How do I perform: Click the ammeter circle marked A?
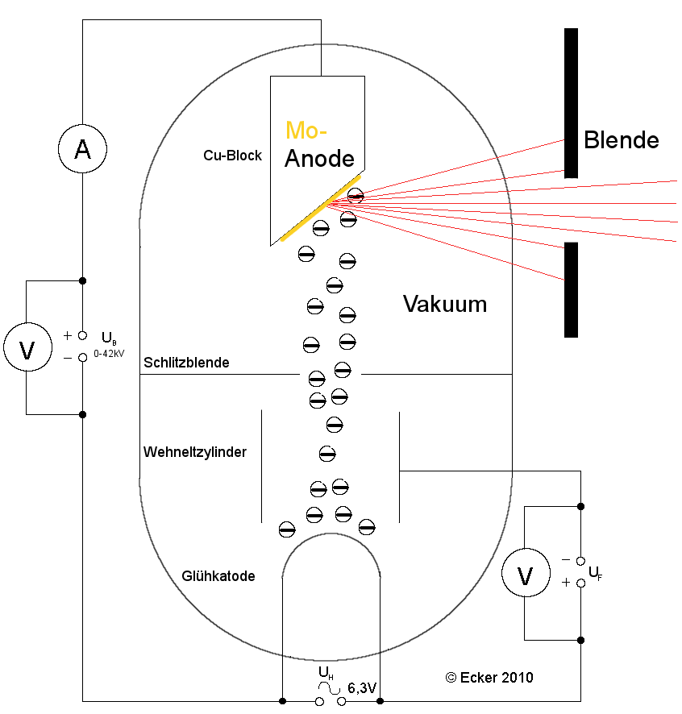pyautogui.click(x=82, y=148)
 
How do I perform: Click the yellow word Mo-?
pyautogui.click(x=306, y=131)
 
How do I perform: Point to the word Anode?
pyautogui.click(x=320, y=158)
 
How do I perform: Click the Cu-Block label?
pyautogui.click(x=232, y=156)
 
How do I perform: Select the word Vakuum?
pyautogui.click(x=445, y=305)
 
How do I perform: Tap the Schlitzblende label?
pyautogui.click(x=186, y=363)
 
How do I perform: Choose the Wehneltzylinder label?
pyautogui.click(x=195, y=452)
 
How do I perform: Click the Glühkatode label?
pyautogui.click(x=218, y=576)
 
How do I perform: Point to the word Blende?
pyautogui.click(x=622, y=140)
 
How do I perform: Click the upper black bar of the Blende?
pyautogui.click(x=571, y=102)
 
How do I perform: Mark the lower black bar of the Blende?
pyautogui.click(x=571, y=289)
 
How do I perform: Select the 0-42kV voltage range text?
pyautogui.click(x=109, y=353)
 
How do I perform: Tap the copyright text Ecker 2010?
pyautogui.click(x=489, y=678)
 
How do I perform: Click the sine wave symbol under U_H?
pyautogui.click(x=328, y=687)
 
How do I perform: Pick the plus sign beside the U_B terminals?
pyautogui.click(x=68, y=335)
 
